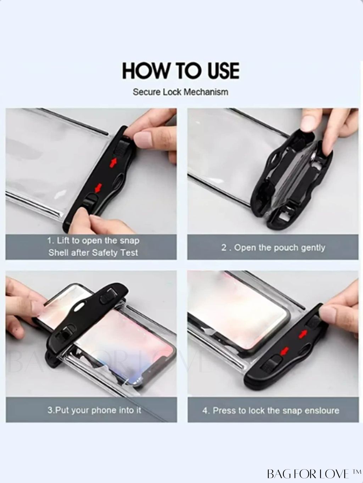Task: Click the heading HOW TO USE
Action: point(181,70)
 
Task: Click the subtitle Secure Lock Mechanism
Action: point(180,92)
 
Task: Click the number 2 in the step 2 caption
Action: point(224,248)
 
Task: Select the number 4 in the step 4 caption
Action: point(205,411)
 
